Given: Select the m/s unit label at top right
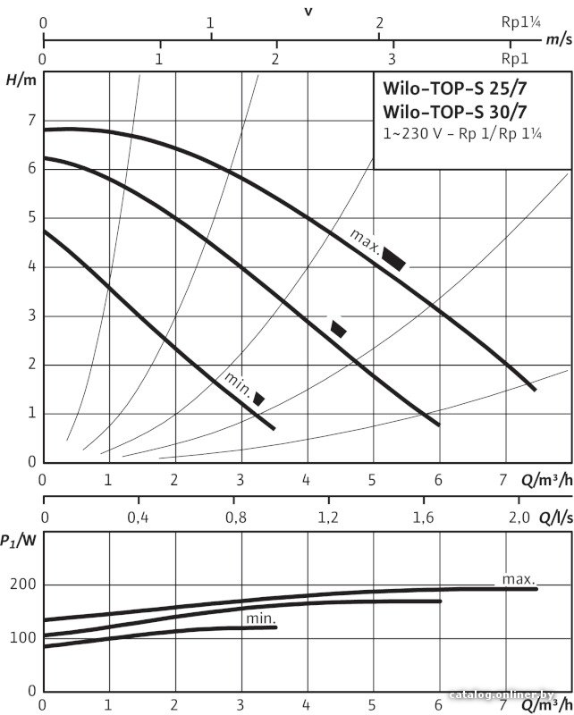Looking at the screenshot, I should [558, 39].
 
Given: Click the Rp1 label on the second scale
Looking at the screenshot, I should [514, 59].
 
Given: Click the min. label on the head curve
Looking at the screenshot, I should [237, 384].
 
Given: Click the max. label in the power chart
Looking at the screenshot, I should [518, 579].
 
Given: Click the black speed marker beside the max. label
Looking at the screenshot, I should [394, 259].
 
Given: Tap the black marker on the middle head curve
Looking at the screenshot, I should [338, 328].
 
